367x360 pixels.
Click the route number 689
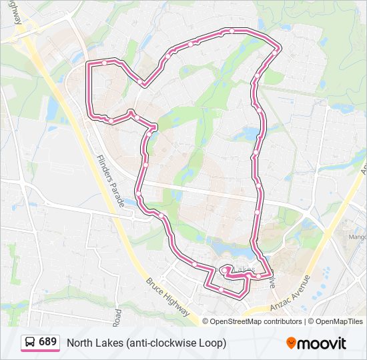click(x=47, y=342)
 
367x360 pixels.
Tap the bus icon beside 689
click(x=31, y=343)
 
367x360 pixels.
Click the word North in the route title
click(x=80, y=343)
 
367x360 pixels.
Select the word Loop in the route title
click(x=212, y=343)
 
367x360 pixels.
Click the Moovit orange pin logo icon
click(x=292, y=343)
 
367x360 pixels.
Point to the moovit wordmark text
click(x=322, y=343)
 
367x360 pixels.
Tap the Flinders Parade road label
click(x=110, y=180)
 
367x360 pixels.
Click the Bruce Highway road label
click(x=167, y=297)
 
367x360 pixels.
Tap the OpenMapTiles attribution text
click(x=339, y=321)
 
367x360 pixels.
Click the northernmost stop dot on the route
click(x=231, y=31)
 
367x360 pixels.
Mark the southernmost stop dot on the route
click(x=221, y=289)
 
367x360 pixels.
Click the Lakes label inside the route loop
click(x=244, y=270)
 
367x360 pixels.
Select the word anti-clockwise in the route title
click(x=154, y=343)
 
